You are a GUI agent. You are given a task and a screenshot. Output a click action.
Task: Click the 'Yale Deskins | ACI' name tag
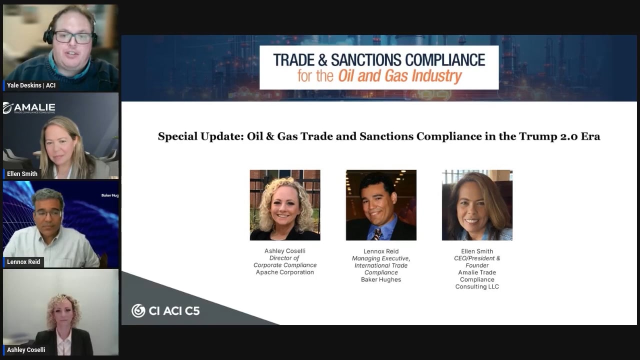[31, 85]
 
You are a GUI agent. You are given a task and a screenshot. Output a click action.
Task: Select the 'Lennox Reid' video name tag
[23, 261]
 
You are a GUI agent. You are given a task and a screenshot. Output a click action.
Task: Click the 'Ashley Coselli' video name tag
[25, 349]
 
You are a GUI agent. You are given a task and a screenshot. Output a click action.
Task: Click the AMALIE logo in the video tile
[29, 108]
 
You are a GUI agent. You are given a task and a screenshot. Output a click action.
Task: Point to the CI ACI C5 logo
[165, 310]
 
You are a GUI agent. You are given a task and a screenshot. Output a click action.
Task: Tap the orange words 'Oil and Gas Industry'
[400, 76]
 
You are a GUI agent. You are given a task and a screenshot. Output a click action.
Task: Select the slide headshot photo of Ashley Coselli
[285, 205]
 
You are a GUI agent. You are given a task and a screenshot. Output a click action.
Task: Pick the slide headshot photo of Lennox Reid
[381, 205]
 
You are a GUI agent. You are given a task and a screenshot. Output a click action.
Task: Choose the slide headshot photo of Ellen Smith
[477, 205]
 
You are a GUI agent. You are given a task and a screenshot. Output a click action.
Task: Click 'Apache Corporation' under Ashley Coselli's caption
[285, 272]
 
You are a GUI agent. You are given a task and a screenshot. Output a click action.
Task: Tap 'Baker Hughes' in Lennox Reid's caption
[381, 279]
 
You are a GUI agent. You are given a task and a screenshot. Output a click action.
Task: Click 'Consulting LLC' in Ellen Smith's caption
[477, 286]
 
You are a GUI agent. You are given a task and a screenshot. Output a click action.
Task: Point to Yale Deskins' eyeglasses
[72, 37]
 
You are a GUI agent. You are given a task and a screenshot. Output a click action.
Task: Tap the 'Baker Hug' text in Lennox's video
[110, 195]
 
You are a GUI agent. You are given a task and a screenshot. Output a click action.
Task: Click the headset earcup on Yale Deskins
[47, 36]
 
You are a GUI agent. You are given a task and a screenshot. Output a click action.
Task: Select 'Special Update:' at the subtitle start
[201, 136]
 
